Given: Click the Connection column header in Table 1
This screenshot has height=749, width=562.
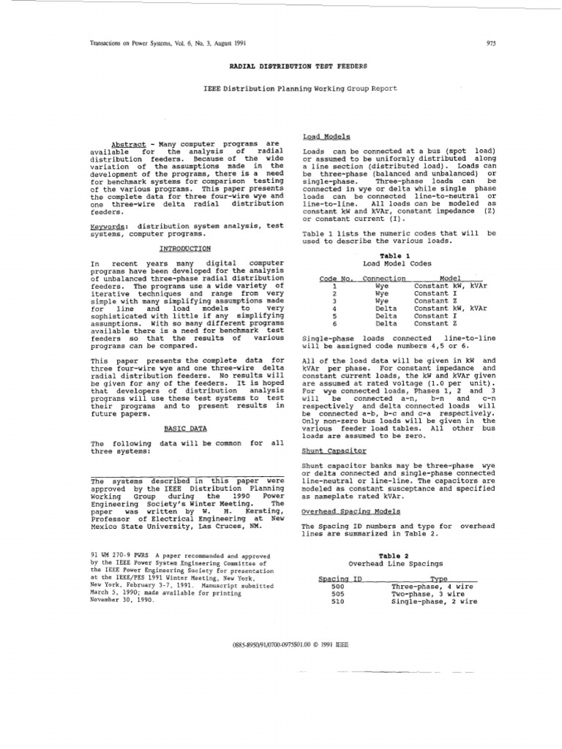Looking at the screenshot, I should pyautogui.click(x=383, y=279).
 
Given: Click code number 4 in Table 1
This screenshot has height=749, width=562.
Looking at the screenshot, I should pyautogui.click(x=334, y=308).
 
